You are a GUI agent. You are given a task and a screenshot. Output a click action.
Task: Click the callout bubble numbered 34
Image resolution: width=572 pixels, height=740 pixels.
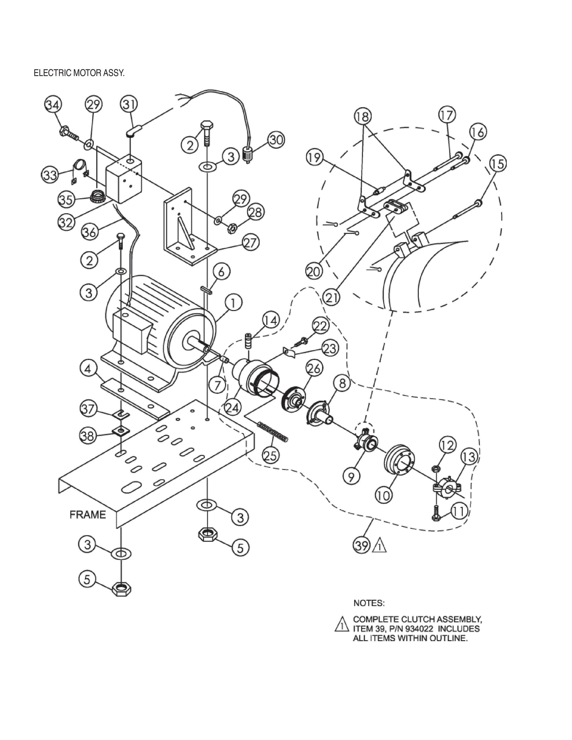[53, 105]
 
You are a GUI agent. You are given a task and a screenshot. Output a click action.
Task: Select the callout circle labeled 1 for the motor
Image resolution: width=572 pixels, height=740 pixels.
[234, 304]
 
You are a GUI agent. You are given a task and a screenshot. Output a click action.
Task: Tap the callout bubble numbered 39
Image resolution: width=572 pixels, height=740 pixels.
[361, 546]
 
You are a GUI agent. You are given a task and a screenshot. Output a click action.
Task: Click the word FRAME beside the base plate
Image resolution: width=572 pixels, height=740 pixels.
[88, 514]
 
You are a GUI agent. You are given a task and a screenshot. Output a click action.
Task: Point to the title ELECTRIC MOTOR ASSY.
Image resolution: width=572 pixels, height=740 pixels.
[79, 74]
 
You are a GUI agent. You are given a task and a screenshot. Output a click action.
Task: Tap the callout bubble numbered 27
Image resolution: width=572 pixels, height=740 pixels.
[251, 242]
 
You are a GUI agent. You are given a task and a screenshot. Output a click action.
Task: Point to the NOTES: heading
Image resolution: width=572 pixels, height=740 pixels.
[369, 603]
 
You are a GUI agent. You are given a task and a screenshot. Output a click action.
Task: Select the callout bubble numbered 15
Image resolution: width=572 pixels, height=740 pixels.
[498, 163]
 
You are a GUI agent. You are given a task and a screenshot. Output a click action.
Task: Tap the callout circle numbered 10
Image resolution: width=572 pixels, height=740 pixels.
[383, 495]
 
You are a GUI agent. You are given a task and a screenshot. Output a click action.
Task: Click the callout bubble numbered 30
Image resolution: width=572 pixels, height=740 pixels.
[276, 140]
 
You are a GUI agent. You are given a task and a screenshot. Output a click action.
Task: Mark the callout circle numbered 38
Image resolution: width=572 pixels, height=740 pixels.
[88, 436]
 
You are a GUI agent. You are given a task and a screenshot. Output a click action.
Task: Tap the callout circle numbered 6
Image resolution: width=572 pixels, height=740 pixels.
[222, 272]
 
